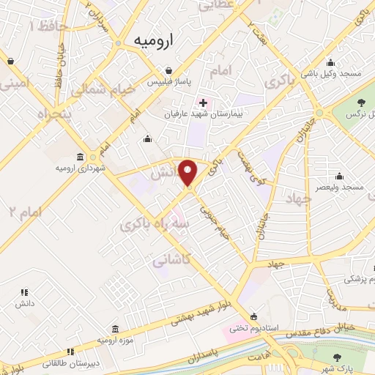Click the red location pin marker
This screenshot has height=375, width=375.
pos(188,172)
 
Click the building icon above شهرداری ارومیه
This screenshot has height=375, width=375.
pos(80,157)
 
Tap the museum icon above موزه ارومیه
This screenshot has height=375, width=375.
pos(115,330)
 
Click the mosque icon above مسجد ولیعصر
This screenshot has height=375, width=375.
pos(338,176)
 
